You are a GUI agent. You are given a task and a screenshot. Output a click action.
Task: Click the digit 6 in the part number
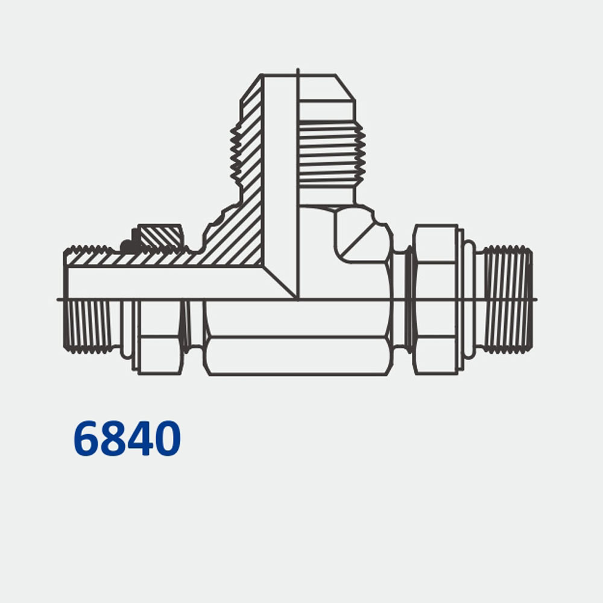87,438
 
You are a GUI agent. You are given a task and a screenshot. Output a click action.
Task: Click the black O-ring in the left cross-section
127,246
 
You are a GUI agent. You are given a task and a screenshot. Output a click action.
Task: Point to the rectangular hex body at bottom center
295,356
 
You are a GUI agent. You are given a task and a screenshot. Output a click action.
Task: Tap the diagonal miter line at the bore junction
280,281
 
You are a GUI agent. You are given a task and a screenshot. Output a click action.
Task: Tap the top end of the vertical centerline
298,71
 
